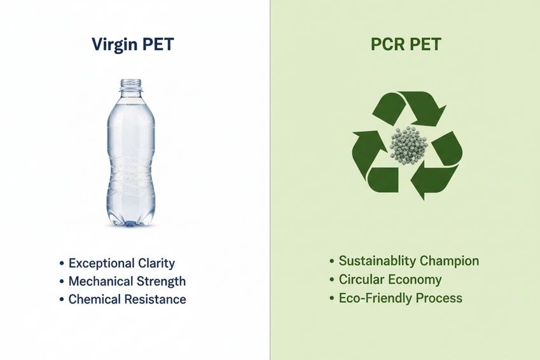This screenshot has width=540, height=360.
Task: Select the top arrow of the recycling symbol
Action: coord(410,108)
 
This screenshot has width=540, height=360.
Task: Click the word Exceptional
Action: coord(101,263)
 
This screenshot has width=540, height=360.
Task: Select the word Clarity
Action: coord(156,263)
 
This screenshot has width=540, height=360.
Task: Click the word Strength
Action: coord(162,281)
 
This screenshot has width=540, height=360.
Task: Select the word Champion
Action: coord(449,261)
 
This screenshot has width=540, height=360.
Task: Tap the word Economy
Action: coord(416,280)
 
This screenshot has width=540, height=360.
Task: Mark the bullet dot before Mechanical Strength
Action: coord(61,282)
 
